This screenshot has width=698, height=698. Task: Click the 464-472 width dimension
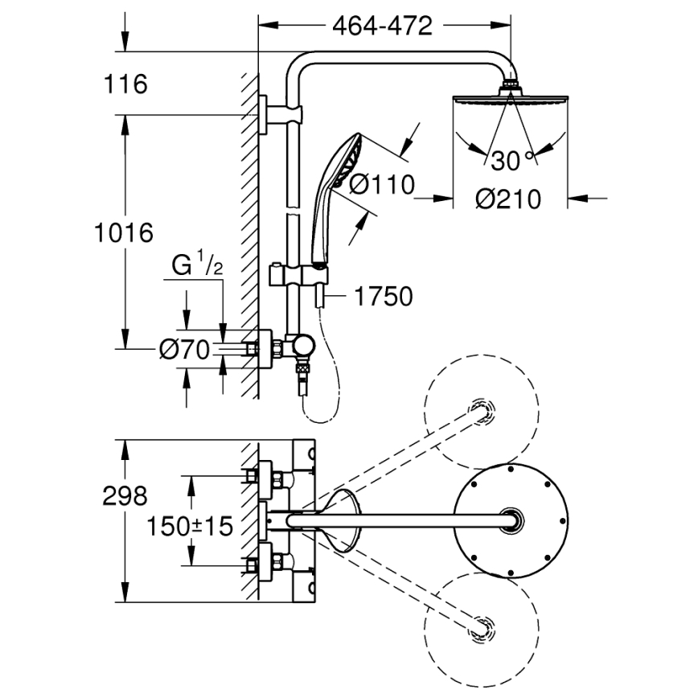click(x=382, y=26)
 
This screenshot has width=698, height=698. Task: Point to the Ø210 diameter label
click(x=507, y=198)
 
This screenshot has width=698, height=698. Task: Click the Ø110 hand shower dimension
click(x=382, y=185)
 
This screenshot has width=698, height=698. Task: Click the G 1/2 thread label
click(x=196, y=265)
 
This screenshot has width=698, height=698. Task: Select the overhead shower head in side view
click(x=509, y=100)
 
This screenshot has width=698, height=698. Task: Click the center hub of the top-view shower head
click(x=508, y=520)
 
